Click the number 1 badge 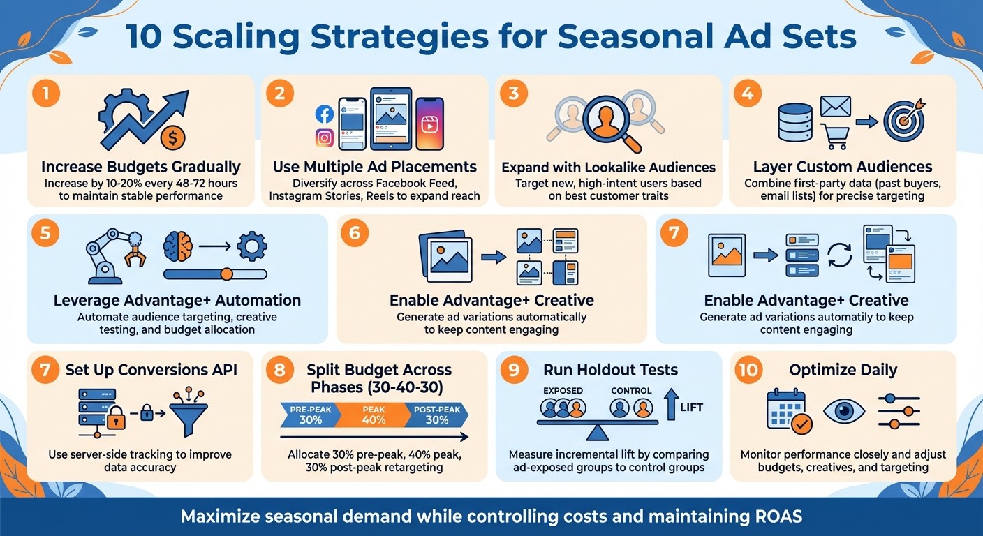point(46,94)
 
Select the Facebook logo point(324,114)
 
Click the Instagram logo point(324,137)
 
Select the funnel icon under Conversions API point(190,414)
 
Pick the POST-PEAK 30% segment point(437,415)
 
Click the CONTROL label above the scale point(631,390)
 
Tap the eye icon point(844,410)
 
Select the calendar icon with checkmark point(786,411)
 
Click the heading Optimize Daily point(843,370)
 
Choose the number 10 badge point(748,370)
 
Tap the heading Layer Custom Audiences point(843,167)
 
